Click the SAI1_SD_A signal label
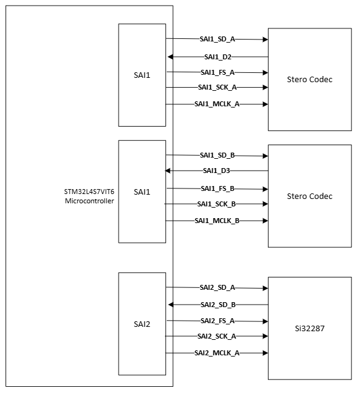coord(217,39)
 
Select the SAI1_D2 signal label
coord(217,57)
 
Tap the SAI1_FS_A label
coord(217,72)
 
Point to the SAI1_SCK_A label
coord(217,88)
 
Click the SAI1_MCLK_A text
coord(217,104)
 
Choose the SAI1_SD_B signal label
coord(217,155)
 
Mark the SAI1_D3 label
coord(217,171)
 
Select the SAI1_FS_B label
coord(217,188)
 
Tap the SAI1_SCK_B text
coord(217,204)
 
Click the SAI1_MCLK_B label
coord(217,221)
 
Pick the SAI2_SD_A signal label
coord(217,287)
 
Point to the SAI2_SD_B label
coord(217,305)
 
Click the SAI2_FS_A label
coord(217,321)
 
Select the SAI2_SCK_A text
coord(217,336)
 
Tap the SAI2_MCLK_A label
coord(217,352)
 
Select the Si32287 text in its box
coord(310,329)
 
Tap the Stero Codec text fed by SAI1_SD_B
coord(310,196)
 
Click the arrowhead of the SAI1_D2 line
coord(170,57)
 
